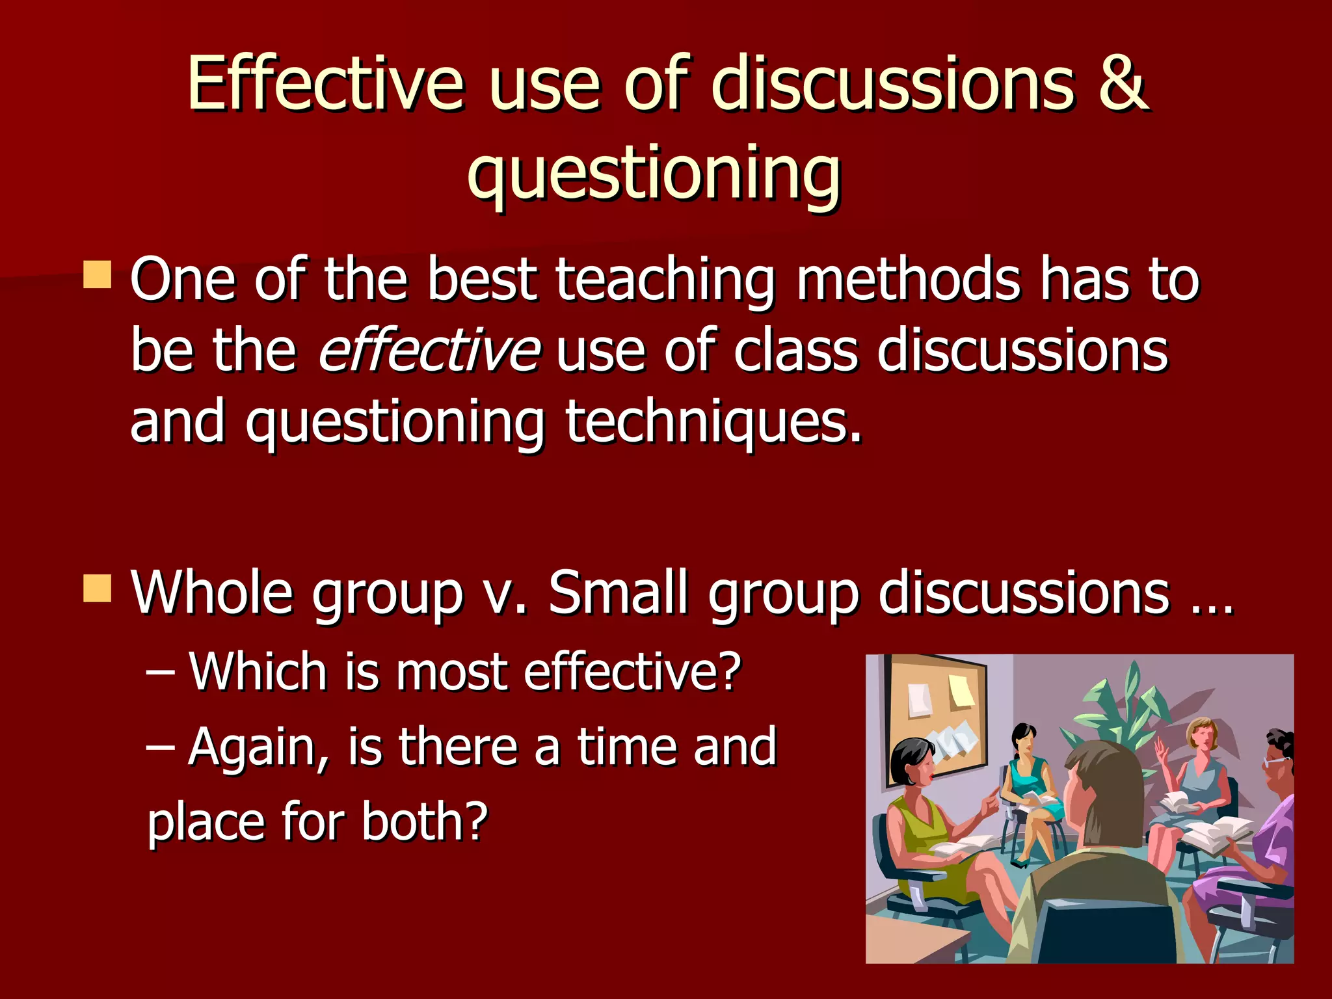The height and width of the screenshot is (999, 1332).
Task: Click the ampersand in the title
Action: pyautogui.click(x=1123, y=85)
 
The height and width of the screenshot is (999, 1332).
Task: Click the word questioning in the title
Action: pyautogui.click(x=654, y=172)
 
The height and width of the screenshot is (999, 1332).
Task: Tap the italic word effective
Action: pyautogui.click(x=429, y=351)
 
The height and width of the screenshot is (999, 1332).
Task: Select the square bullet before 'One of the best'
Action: pyautogui.click(x=98, y=274)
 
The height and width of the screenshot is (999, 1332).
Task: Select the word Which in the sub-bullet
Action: pyautogui.click(x=258, y=671)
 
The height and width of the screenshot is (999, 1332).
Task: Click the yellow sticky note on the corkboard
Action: pyautogui.click(x=961, y=691)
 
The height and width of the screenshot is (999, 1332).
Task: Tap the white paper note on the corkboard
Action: pyautogui.click(x=920, y=700)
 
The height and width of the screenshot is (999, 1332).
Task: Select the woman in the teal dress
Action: pyautogui.click(x=1028, y=787)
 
